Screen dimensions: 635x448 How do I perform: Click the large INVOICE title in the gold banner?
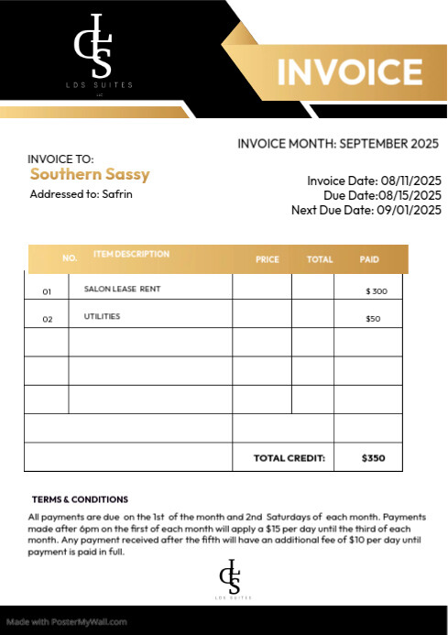point(349,71)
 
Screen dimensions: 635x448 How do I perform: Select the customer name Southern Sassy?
point(90,174)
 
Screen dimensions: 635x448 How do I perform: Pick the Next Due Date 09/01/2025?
point(409,210)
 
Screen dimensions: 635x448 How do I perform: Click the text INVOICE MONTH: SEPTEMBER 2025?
point(338,144)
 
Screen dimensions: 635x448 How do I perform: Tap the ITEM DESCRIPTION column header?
point(131,254)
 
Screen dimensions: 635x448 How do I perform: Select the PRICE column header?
point(268,259)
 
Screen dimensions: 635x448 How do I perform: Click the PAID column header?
point(369,259)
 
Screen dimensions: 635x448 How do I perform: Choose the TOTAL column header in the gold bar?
point(320,259)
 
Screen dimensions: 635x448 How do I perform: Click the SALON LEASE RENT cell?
point(122,289)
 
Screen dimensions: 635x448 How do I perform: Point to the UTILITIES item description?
point(103,317)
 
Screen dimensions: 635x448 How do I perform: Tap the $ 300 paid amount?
point(377,290)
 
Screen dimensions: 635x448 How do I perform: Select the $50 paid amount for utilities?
point(374,319)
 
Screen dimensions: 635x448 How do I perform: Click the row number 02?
point(48,319)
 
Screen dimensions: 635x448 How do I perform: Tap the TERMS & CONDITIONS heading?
point(80,499)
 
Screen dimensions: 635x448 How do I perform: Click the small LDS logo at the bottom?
point(230,578)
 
